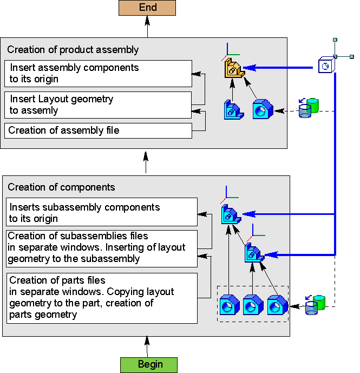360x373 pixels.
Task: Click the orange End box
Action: pyautogui.click(x=147, y=8)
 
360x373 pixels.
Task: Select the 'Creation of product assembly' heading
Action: pyautogui.click(x=73, y=50)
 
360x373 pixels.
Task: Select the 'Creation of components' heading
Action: pyautogui.click(x=61, y=187)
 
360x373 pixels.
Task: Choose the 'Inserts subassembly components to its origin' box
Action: pyautogui.click(x=102, y=212)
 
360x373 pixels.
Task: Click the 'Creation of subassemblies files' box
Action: pyautogui.click(x=102, y=248)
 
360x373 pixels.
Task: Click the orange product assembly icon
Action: pyautogui.click(x=233, y=69)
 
